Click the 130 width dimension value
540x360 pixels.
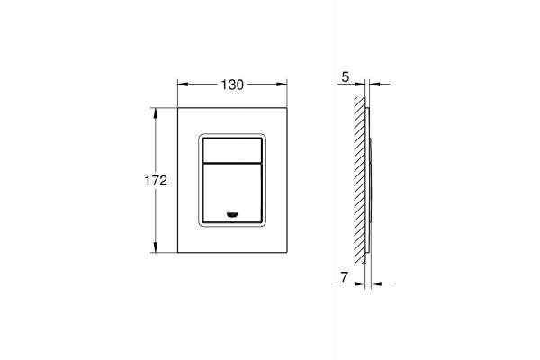click(232, 85)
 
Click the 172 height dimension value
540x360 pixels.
click(156, 181)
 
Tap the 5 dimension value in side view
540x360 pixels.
click(345, 77)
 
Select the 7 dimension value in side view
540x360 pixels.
click(344, 276)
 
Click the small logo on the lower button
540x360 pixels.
click(232, 215)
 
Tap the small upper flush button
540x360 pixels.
click(232, 150)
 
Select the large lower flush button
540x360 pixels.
click(232, 193)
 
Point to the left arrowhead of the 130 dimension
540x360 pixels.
click(183, 85)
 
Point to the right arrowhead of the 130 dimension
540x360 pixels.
click(282, 85)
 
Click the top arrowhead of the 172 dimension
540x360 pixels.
click(156, 113)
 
